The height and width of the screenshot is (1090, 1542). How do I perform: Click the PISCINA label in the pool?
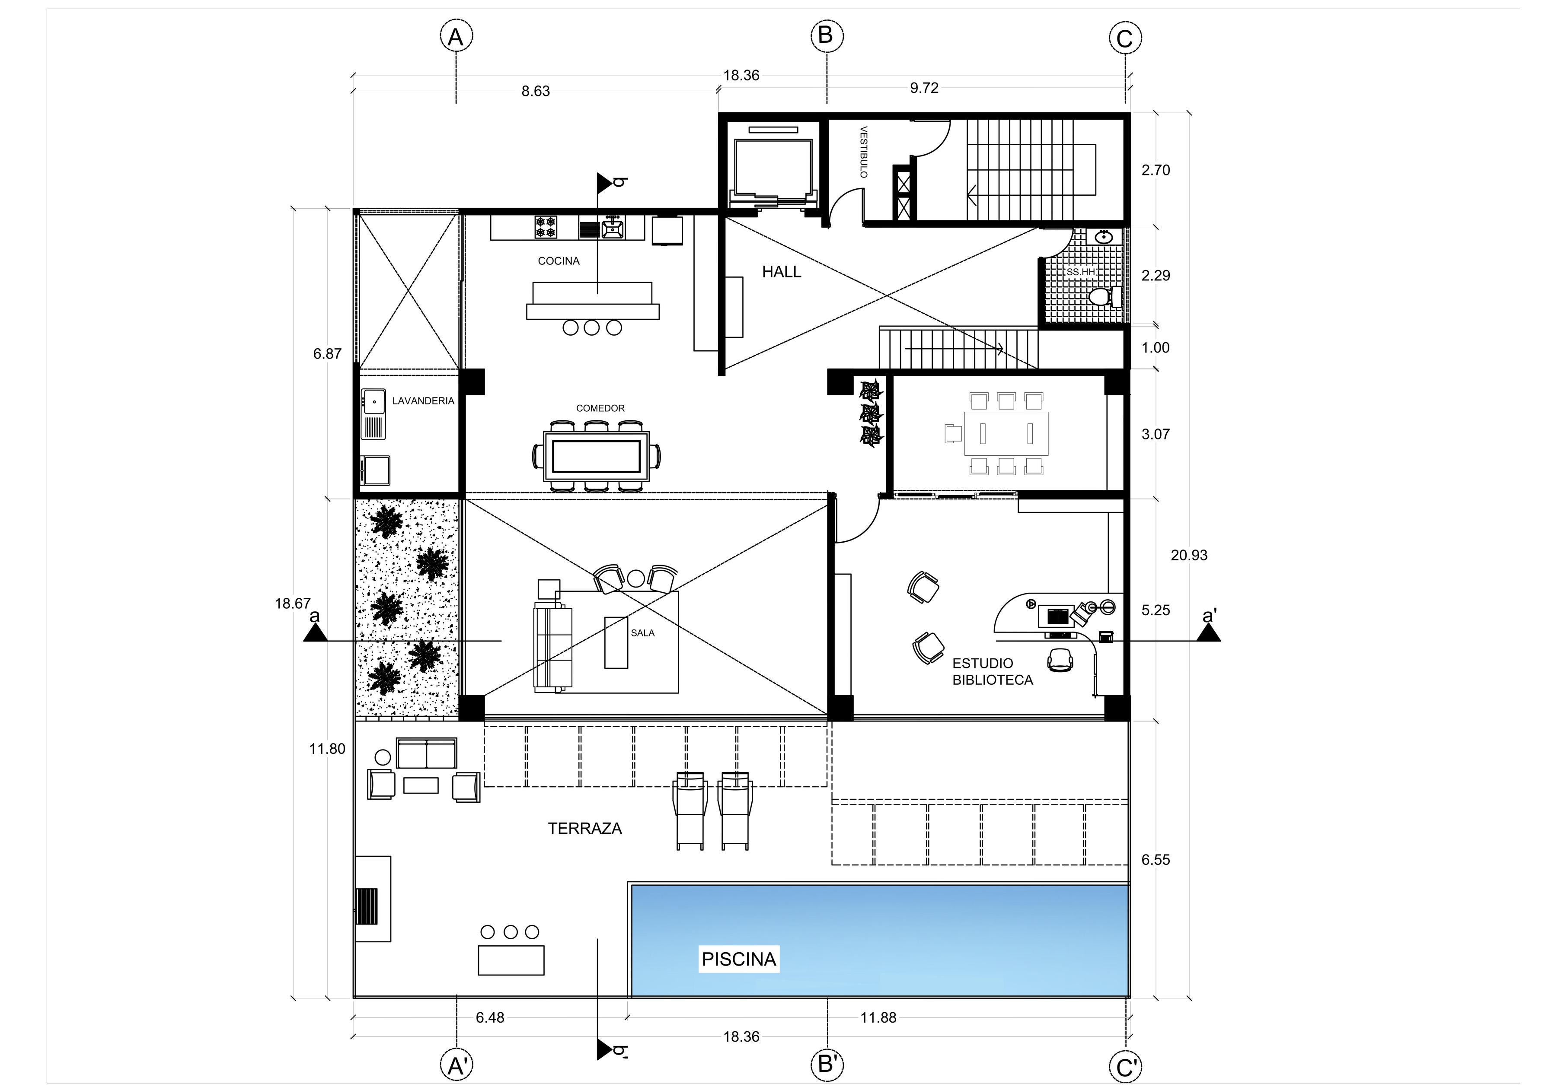click(739, 959)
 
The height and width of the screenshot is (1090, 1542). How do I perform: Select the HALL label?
click(782, 272)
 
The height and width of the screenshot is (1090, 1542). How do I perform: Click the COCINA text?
click(559, 261)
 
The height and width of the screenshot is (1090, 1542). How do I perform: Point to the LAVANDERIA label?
click(423, 400)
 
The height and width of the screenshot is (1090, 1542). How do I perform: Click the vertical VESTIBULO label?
click(864, 153)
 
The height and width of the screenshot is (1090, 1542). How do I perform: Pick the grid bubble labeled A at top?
click(456, 36)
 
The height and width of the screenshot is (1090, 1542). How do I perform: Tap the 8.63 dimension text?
click(536, 91)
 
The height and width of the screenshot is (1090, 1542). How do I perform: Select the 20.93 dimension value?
click(1189, 555)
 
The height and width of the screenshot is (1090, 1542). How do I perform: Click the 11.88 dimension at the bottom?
click(878, 1017)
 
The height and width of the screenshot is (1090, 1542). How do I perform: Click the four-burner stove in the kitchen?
click(546, 227)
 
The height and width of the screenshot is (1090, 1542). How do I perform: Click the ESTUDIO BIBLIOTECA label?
click(993, 671)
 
